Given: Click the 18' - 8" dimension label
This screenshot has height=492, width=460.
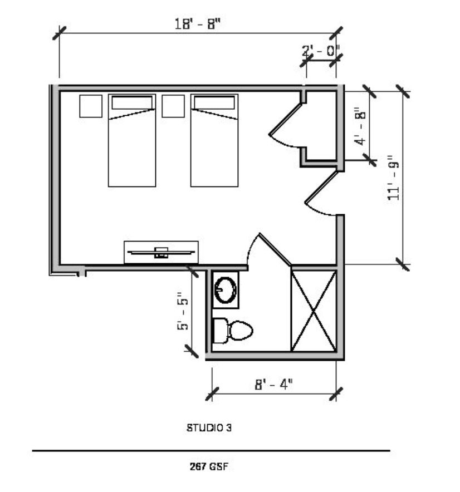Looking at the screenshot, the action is (198, 24).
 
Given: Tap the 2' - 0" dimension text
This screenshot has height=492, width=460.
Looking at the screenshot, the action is (321, 51).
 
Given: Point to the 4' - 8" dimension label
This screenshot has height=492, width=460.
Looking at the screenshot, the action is (360, 126).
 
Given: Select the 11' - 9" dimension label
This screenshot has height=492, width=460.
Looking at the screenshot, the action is (393, 178).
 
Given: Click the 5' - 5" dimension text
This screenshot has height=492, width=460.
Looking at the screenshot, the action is (183, 311).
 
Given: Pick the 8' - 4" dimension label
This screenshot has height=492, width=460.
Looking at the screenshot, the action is (273, 384).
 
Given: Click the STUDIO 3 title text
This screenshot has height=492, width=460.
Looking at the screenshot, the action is (209, 427).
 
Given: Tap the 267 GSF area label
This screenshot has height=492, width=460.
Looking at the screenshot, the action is (208, 466).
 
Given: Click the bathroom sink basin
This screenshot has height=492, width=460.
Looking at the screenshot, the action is (226, 290).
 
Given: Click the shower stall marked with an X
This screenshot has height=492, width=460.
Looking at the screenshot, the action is (314, 311).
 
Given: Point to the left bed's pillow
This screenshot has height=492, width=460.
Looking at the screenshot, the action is (132, 102).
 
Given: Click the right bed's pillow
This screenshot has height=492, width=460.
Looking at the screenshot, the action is (214, 102).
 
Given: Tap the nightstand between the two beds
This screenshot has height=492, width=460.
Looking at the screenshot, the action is (173, 106).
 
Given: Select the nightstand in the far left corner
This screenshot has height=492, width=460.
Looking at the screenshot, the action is (91, 106).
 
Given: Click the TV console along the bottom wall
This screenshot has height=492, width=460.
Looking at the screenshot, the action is (161, 252).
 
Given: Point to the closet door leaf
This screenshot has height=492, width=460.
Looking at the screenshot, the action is (286, 119).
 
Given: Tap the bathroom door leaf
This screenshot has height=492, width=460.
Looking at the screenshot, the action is (275, 249).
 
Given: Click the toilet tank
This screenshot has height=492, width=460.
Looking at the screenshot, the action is (221, 331).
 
